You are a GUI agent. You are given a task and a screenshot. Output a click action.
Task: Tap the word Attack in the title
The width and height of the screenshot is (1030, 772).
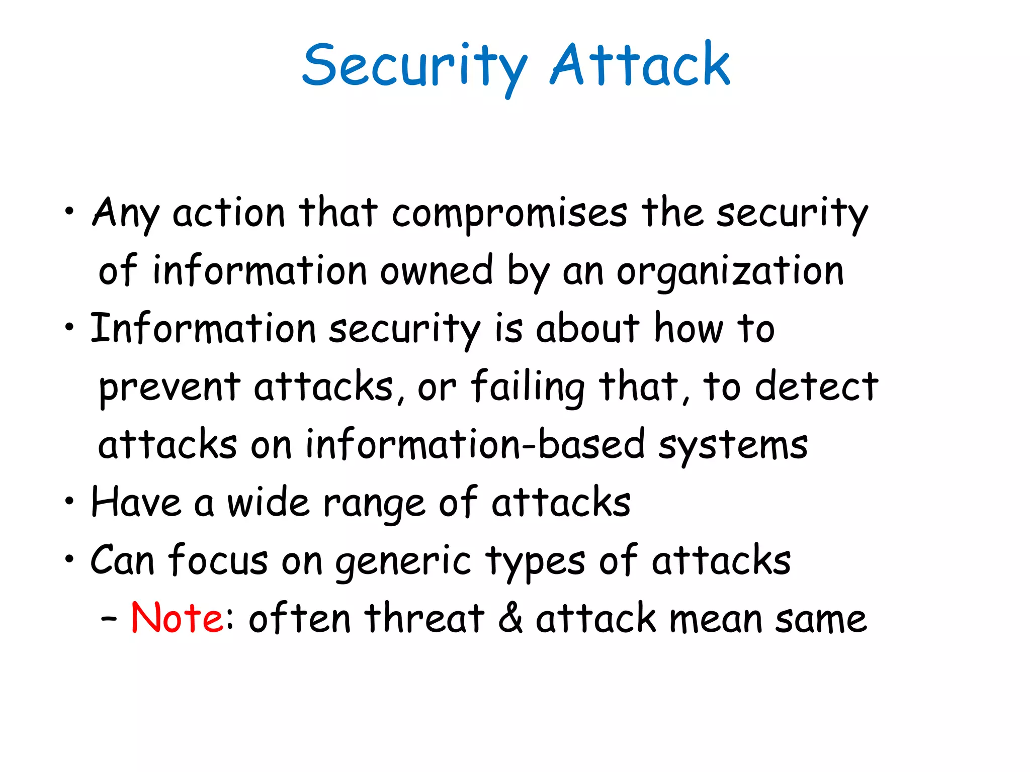pyautogui.click(x=640, y=65)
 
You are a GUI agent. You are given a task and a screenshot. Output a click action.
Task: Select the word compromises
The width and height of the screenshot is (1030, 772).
pyautogui.click(x=509, y=214)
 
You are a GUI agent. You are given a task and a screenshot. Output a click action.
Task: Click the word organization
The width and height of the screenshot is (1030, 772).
pyautogui.click(x=730, y=272)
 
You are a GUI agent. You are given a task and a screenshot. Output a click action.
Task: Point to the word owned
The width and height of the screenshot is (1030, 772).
pyautogui.click(x=436, y=271)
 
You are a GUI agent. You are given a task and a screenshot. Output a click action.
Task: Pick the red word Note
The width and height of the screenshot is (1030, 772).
pyautogui.click(x=176, y=618)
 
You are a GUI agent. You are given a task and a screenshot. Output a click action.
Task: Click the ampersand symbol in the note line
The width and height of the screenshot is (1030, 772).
pyautogui.click(x=510, y=618)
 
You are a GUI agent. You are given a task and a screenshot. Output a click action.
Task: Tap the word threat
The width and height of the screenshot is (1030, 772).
pyautogui.click(x=424, y=618)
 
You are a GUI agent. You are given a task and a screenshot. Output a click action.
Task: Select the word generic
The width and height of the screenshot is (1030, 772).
pyautogui.click(x=403, y=562)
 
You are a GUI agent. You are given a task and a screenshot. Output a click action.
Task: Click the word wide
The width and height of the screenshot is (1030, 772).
pyautogui.click(x=268, y=503)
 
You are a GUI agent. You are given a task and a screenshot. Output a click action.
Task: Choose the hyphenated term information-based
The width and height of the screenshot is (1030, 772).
pyautogui.click(x=475, y=445)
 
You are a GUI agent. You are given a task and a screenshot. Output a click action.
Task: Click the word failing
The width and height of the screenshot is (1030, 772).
pyautogui.click(x=528, y=388)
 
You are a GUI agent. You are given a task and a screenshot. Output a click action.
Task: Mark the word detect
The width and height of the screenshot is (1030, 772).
pyautogui.click(x=816, y=387)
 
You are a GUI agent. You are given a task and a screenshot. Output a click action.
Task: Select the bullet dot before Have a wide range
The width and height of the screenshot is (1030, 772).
pyautogui.click(x=69, y=501)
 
